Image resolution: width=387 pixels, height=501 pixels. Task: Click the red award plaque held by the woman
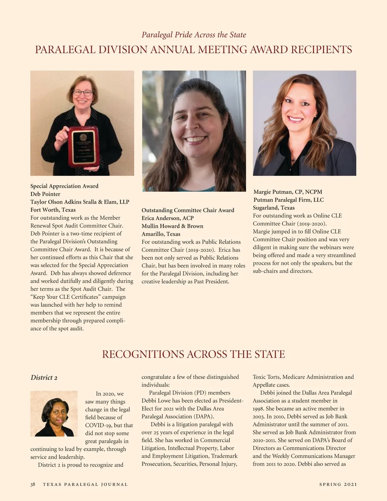83,146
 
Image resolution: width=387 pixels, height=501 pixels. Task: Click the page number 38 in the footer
33,484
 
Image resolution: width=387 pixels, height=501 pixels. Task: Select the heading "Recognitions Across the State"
193,354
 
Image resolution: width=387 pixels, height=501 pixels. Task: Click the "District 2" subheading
44,377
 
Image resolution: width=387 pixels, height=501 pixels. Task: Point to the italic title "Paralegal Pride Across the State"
194,35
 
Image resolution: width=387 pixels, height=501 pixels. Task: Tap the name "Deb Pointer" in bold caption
45,194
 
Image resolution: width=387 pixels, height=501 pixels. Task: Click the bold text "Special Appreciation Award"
64,186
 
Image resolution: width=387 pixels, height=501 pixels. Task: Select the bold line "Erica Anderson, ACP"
167,218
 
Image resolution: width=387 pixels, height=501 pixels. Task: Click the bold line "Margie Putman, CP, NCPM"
288,192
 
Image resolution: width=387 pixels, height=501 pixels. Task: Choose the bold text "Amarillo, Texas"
161,234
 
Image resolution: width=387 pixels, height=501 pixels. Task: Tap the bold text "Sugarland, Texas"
273,208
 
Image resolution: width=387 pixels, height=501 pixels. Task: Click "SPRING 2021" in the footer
338,484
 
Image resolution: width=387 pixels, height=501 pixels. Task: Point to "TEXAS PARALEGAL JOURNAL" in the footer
85,484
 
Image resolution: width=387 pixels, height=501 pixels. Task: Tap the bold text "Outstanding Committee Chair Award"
188,210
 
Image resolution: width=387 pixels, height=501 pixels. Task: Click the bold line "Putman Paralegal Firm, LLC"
288,200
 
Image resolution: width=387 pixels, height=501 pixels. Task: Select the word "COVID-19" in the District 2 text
99,425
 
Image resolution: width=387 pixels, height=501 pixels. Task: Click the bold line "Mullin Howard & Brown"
172,226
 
